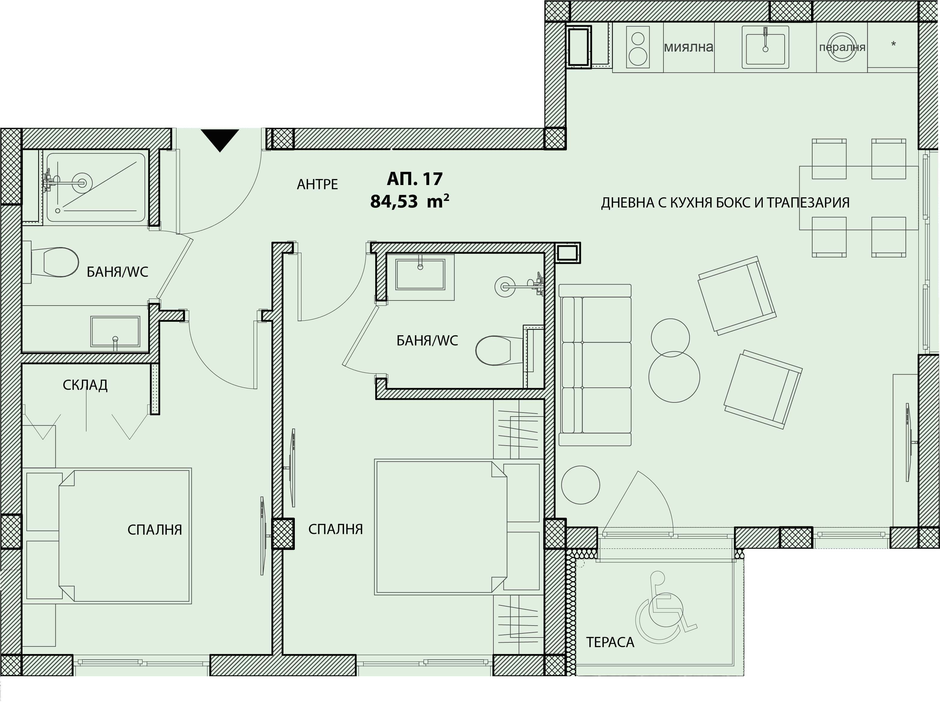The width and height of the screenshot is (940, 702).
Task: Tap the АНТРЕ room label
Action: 317,184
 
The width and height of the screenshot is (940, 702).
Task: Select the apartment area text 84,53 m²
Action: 410,201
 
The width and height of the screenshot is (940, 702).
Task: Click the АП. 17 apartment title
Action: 415,179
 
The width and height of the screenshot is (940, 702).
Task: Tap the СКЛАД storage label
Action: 85,385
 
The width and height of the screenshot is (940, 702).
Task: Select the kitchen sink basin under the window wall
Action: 765,47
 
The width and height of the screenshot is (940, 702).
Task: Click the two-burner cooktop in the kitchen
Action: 638,47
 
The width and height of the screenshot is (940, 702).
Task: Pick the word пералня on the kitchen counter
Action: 842,47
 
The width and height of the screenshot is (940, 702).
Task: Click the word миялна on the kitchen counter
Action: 688,47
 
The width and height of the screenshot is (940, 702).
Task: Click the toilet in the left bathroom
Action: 55,262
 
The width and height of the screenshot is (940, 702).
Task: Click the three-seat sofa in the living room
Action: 595,365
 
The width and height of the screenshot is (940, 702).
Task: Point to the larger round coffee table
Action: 674,377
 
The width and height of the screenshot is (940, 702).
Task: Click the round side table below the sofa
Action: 580,485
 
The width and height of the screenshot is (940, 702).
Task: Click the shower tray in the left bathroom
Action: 96,187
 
